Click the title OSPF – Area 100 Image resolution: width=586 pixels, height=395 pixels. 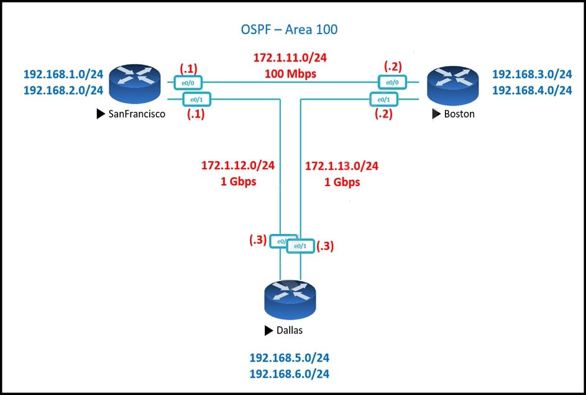[x=289, y=29]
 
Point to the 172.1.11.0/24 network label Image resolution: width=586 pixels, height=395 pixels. [x=290, y=58]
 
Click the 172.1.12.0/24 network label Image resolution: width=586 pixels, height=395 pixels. [x=238, y=166]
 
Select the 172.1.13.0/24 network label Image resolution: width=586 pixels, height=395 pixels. [x=342, y=166]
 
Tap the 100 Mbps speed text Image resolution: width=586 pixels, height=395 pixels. [x=290, y=73]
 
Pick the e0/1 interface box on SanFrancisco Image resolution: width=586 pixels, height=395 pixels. [x=197, y=98]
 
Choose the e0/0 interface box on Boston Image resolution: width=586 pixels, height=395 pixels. [x=392, y=81]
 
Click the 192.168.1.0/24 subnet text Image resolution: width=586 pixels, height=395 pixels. [x=63, y=74]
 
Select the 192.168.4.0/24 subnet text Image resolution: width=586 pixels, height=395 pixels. [x=532, y=90]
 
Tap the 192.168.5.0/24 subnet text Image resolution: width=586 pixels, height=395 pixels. [x=290, y=358]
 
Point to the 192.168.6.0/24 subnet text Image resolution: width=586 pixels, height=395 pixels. [x=290, y=374]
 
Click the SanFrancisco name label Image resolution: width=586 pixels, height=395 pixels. [x=135, y=114]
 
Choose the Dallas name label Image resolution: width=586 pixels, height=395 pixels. [x=290, y=330]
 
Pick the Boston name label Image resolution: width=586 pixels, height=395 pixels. [x=459, y=114]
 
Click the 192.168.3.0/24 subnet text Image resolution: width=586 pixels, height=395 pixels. [x=532, y=74]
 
